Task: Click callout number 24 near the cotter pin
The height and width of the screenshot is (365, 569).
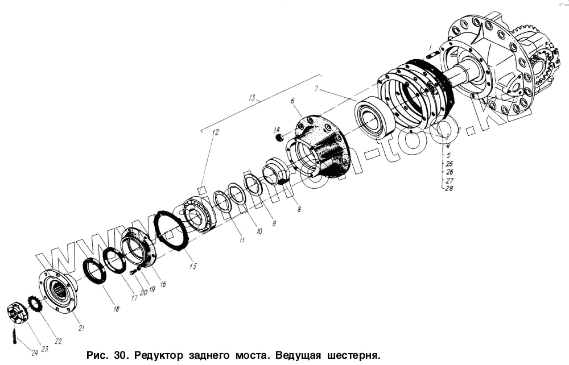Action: [x=34, y=352]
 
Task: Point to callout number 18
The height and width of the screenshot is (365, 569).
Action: [x=116, y=309]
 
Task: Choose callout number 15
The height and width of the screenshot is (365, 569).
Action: [x=193, y=266]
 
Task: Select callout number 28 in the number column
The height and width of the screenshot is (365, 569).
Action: [x=450, y=188]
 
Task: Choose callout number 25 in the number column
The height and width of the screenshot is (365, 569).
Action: [x=450, y=163]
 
